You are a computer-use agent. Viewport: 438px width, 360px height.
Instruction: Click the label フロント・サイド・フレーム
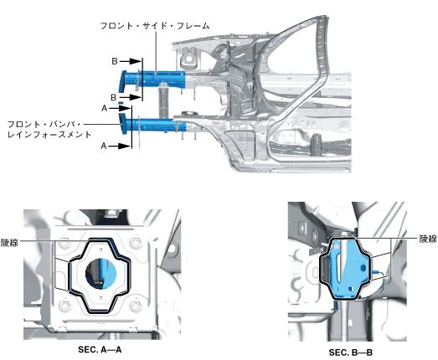tap(155, 26)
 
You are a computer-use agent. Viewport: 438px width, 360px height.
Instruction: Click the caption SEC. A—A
tap(100, 349)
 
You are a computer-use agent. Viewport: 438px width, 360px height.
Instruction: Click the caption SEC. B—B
tap(351, 352)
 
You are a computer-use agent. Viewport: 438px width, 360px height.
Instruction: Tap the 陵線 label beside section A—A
tap(9, 243)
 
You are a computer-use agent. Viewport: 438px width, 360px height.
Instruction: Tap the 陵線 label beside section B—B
tap(428, 239)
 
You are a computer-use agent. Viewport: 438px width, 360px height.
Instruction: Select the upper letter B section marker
tap(115, 61)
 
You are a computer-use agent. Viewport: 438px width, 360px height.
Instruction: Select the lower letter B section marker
tap(113, 97)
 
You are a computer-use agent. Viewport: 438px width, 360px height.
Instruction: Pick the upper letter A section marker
tap(104, 108)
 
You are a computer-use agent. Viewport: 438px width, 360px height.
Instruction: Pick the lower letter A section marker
tap(104, 146)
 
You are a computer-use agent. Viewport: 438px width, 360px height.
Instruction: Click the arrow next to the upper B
tap(131, 61)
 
